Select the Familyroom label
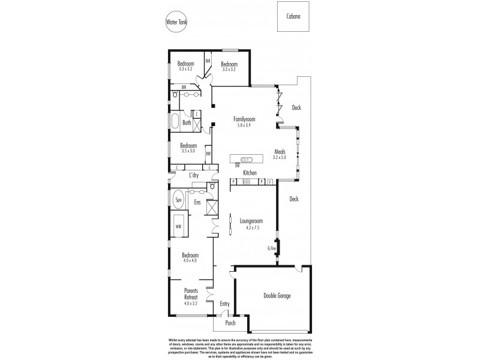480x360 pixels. click(x=244, y=119)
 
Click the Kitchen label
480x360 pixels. click(x=250, y=173)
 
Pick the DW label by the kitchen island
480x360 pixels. click(x=238, y=165)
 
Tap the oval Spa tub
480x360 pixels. click(x=178, y=199)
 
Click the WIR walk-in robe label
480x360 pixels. click(x=178, y=226)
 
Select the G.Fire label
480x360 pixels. click(x=272, y=248)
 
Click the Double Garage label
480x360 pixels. click(x=277, y=295)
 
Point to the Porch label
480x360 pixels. click(x=230, y=323)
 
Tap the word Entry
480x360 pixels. click(x=224, y=304)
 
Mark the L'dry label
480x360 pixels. click(x=194, y=175)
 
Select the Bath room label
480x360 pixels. click(x=187, y=123)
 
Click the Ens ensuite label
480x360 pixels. click(x=197, y=202)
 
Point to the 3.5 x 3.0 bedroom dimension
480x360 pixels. click(x=188, y=151)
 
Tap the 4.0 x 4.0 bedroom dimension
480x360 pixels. click(x=190, y=260)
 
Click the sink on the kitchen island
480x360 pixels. click(x=247, y=160)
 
